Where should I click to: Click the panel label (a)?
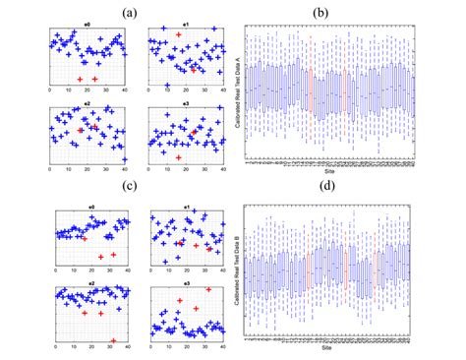132,12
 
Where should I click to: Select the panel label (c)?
132,187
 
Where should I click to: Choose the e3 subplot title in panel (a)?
187,101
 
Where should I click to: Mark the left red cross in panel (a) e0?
80,79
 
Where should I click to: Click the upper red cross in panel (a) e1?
178,34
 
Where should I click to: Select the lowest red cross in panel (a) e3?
177,156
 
